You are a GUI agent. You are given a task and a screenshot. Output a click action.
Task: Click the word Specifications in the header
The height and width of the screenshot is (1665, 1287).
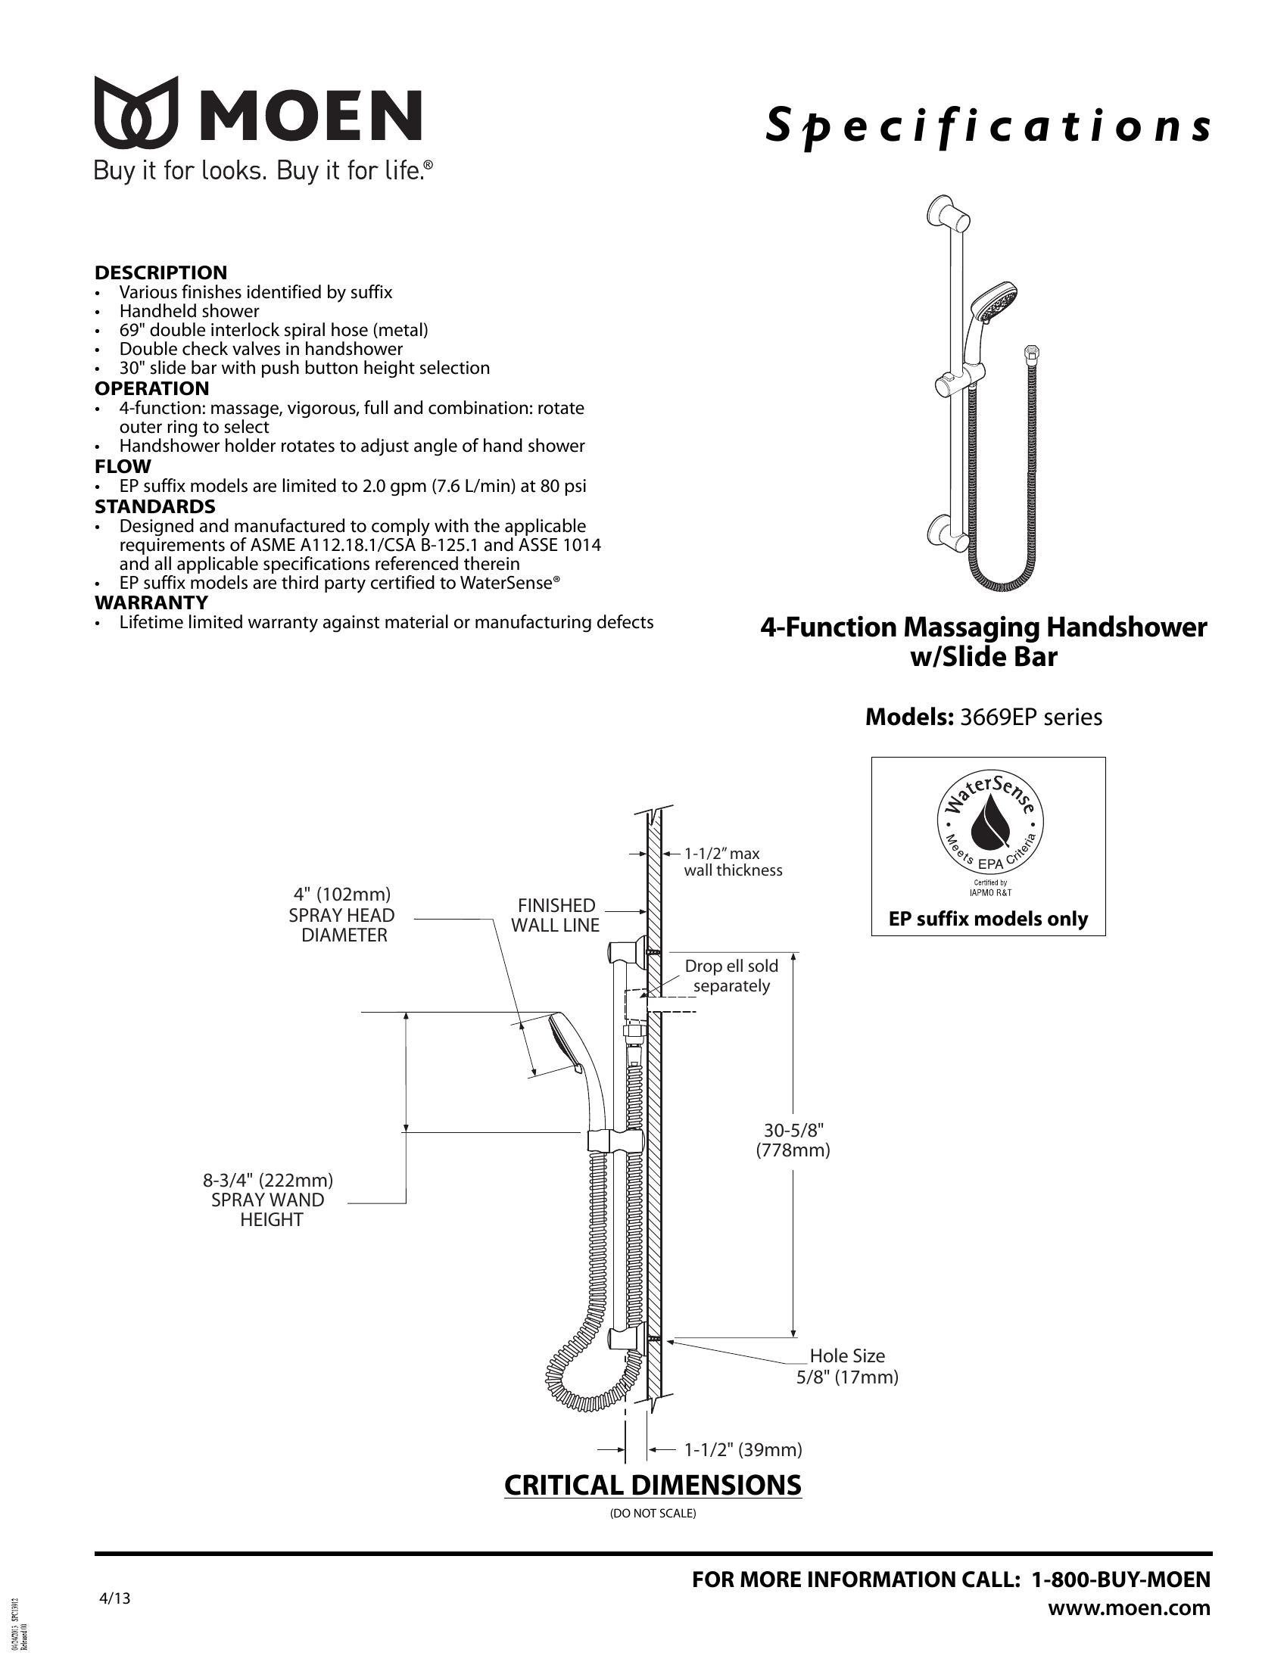click(x=987, y=126)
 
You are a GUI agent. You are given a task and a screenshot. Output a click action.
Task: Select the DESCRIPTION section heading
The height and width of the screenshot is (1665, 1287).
click(x=160, y=272)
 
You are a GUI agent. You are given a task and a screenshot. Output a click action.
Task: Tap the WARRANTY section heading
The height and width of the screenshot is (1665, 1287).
click(x=151, y=602)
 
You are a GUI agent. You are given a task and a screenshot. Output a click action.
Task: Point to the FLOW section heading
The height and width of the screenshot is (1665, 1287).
click(x=123, y=465)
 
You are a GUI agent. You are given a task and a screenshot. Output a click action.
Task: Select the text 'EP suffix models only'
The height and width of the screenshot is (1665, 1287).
click(x=988, y=919)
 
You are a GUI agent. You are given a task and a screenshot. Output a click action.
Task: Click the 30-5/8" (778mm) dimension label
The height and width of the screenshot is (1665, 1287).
click(x=793, y=1140)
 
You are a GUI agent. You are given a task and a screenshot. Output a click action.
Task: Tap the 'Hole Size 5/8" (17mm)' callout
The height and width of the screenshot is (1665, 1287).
click(x=847, y=1366)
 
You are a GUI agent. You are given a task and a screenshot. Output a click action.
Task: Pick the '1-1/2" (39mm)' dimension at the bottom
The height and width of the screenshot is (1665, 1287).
click(x=743, y=1449)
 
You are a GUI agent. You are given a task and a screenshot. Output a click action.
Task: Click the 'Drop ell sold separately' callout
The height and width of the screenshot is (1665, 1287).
click(x=731, y=976)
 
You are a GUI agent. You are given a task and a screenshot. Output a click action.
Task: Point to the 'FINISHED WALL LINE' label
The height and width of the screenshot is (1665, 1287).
click(x=556, y=915)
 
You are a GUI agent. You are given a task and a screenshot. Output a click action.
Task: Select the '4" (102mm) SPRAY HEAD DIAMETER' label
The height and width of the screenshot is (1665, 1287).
click(x=343, y=914)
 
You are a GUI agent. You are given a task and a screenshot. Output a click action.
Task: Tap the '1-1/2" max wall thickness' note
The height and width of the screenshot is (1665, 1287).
click(x=732, y=861)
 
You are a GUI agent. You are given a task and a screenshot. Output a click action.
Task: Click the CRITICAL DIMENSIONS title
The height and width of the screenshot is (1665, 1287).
click(x=653, y=1485)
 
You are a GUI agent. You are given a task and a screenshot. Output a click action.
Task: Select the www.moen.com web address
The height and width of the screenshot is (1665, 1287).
click(x=1129, y=1607)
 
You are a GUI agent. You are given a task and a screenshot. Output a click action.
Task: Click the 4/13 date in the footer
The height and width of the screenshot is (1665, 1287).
click(x=114, y=1598)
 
